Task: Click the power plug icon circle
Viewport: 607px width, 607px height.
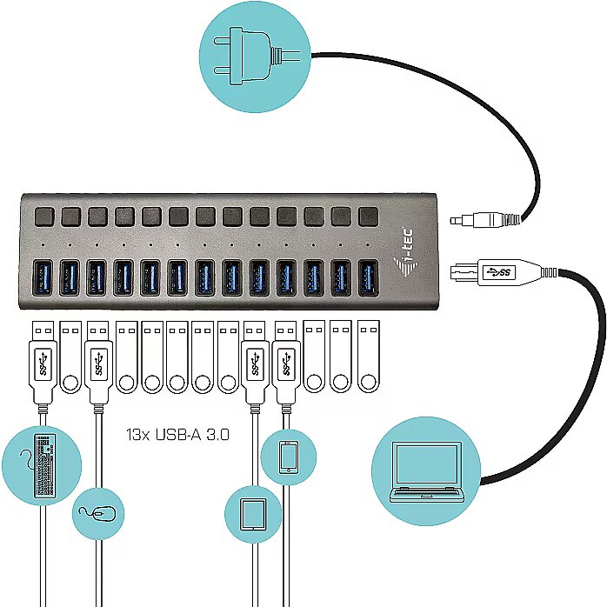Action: [x=255, y=57]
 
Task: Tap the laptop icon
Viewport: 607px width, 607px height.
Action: [x=426, y=471]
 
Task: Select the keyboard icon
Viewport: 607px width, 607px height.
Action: [x=44, y=466]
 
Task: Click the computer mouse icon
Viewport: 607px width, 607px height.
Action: [x=98, y=514]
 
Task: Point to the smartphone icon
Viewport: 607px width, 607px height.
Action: [x=289, y=457]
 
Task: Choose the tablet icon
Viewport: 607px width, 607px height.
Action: [x=254, y=514]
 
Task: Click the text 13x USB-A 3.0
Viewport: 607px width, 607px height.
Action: [x=177, y=434]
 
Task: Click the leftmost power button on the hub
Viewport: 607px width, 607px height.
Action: [x=44, y=217]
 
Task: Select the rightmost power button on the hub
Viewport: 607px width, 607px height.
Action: [x=368, y=217]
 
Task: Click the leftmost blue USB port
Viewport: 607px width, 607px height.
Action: [x=43, y=278]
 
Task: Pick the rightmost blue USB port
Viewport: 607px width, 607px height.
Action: [x=368, y=278]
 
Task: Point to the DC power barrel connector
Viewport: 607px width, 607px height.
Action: [x=485, y=220]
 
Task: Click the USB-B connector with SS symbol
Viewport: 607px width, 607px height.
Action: [x=504, y=272]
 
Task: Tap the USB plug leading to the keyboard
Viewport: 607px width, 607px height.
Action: [x=43, y=363]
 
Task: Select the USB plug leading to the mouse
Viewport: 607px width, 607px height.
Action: [x=98, y=363]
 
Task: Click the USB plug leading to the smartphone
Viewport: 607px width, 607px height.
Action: [x=286, y=363]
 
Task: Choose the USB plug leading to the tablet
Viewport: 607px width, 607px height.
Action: [x=255, y=363]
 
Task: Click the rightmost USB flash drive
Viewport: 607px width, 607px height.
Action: [x=368, y=357]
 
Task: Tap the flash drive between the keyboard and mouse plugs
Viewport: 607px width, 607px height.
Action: [x=70, y=357]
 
